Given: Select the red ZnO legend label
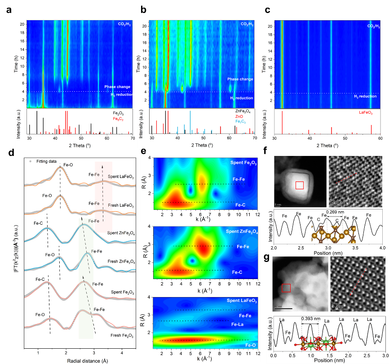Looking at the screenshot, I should point(242,116).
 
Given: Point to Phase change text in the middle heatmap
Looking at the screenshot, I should point(240,79).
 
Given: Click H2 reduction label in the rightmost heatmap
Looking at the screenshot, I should point(363,96).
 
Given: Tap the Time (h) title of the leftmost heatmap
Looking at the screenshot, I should point(17,62).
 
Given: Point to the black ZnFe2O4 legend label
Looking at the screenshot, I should point(244,110).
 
